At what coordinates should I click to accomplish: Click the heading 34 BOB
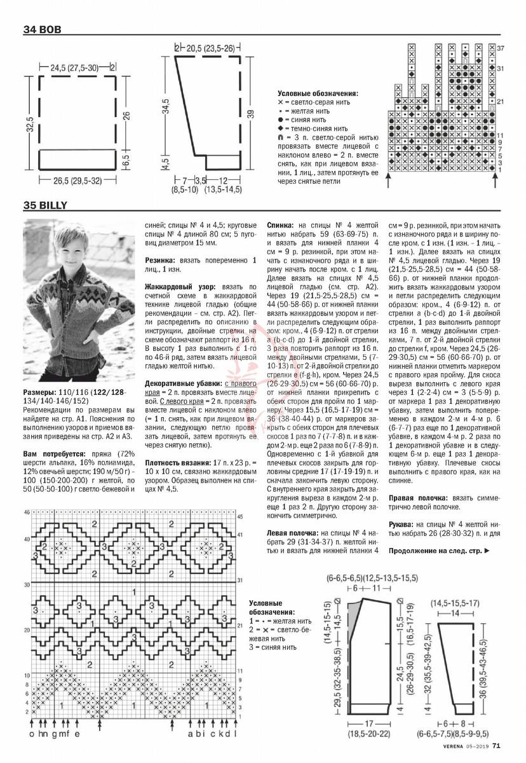pos(41,29)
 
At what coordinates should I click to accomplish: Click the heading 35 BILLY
pos(45,205)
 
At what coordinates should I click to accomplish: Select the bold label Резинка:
pos(161,260)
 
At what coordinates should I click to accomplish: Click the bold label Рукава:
pos(404,525)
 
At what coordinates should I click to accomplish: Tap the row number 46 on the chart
pos(27,512)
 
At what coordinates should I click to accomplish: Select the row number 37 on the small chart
pos(500,48)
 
